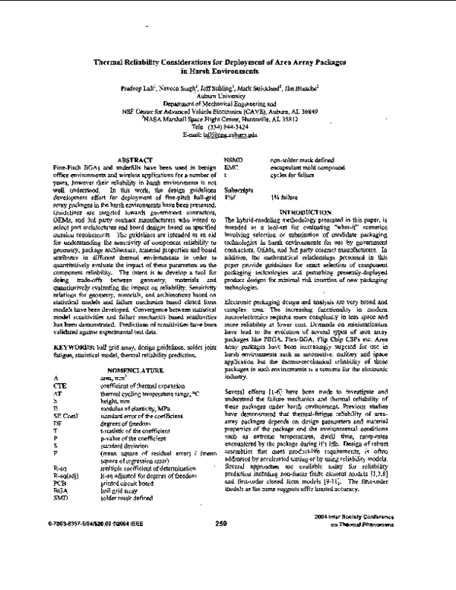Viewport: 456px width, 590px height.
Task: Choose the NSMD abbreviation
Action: [236, 160]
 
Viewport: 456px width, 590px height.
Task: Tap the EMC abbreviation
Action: [233, 167]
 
